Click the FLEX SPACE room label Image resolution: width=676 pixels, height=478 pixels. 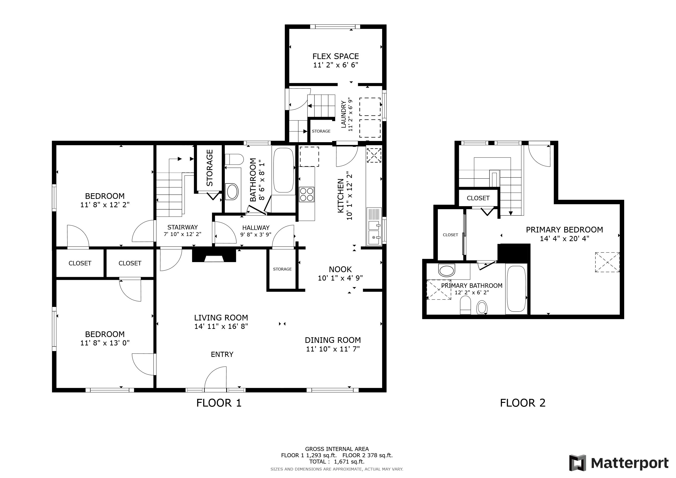[x=336, y=56]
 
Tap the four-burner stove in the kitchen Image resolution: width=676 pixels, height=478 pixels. [x=306, y=195]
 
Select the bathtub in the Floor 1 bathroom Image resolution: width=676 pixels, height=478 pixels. [x=284, y=170]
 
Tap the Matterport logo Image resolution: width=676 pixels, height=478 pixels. [x=619, y=463]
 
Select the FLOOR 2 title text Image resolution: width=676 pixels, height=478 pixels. [x=523, y=403]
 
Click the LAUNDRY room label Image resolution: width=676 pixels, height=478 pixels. [x=343, y=115]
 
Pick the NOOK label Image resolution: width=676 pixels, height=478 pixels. [x=340, y=269]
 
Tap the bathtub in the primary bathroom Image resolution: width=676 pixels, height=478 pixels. [x=516, y=289]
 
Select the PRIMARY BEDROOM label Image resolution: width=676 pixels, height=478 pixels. [x=564, y=230]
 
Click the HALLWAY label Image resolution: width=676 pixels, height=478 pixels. [x=256, y=228]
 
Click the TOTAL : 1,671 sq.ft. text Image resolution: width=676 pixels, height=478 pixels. [x=337, y=461]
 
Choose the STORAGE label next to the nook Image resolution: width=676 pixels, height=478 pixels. [x=282, y=269]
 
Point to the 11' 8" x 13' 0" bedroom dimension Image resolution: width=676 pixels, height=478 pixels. [x=105, y=343]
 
